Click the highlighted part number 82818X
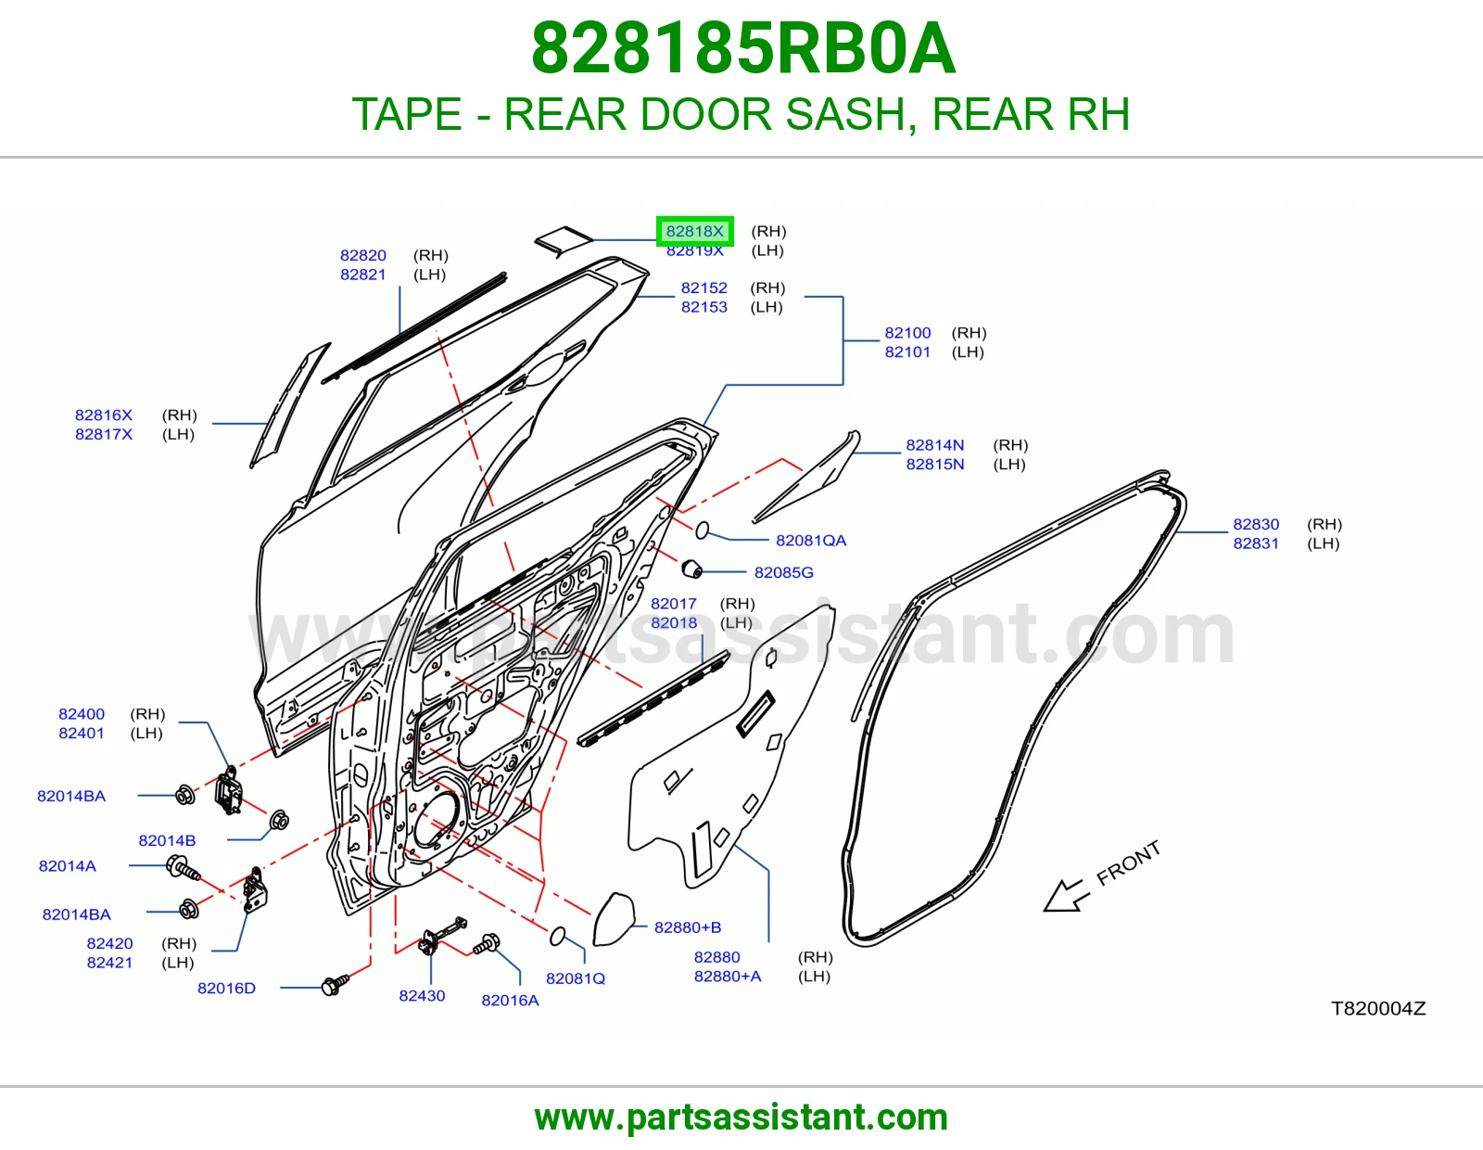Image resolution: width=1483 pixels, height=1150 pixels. pos(694,231)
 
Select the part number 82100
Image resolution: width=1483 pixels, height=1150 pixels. pos(907,333)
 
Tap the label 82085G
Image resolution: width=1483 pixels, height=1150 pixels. pos(783,572)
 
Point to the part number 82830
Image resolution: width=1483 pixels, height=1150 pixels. pos(1256,524)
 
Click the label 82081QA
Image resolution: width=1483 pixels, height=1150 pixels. pos(811,540)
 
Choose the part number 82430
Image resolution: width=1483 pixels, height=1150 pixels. pos(422,996)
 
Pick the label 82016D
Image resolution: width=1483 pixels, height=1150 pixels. pos(226,988)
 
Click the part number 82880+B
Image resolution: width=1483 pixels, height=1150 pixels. pos(687,927)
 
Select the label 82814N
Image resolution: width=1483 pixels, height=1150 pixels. pos(935,444)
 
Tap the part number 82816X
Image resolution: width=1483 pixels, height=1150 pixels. pos(104,415)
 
